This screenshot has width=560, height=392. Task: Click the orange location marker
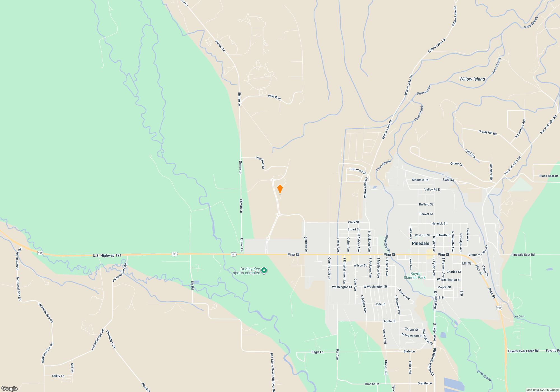point(280,189)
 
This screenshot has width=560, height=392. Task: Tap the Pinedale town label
point(420,243)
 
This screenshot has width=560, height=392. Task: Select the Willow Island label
point(472,79)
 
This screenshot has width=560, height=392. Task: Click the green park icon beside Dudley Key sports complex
point(264,270)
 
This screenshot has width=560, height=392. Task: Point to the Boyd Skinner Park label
point(414,276)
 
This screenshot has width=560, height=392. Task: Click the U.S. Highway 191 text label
point(107,255)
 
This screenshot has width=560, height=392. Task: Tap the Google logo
point(10,388)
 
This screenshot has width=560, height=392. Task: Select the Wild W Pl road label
point(274,97)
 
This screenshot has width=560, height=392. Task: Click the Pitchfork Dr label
point(260,162)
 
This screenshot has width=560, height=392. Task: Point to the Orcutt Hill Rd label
point(487,132)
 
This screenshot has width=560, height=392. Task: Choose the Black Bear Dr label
point(549,176)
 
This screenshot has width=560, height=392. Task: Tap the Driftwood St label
point(358,171)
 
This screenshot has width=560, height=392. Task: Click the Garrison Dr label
point(306,244)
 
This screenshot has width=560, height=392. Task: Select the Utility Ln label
point(58,376)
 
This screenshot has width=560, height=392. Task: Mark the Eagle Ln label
point(317,352)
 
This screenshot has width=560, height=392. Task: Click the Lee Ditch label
point(519,316)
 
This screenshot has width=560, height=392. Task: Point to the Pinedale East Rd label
point(523,255)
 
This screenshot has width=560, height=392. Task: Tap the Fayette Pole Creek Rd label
point(523,351)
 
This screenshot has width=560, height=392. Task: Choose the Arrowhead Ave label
point(520,128)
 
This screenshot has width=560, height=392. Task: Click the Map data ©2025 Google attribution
point(542,390)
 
